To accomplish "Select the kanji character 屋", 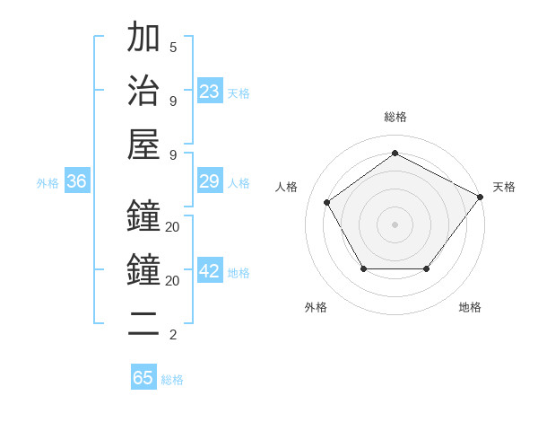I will click(x=144, y=144).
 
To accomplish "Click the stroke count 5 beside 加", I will click(x=173, y=47).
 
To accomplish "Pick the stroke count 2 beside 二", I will click(x=173, y=335).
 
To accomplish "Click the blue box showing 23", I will click(x=210, y=92).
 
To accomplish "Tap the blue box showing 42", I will click(x=210, y=272).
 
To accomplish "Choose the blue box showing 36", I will click(x=77, y=182).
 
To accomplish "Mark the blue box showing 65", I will click(x=143, y=378).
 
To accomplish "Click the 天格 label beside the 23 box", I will click(x=239, y=93).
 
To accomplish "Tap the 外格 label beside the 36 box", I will click(x=48, y=183).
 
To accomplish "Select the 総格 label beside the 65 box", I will click(x=172, y=380).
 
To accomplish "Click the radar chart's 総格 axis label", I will click(x=395, y=117).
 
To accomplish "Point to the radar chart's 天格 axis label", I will click(x=504, y=187).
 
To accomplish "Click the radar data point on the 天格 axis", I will click(x=481, y=197).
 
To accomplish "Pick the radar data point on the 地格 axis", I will click(x=427, y=268).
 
